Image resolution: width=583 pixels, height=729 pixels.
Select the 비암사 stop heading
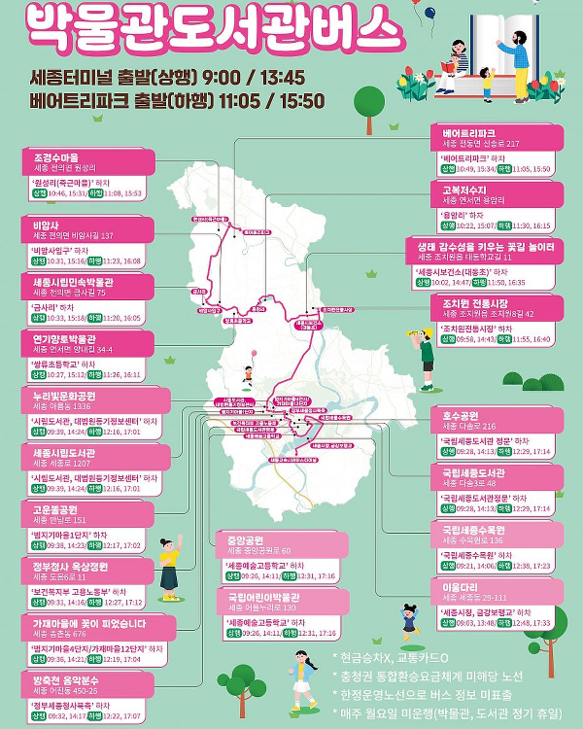tap(48, 224)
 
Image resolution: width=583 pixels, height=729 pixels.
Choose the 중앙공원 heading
tap(245, 539)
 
